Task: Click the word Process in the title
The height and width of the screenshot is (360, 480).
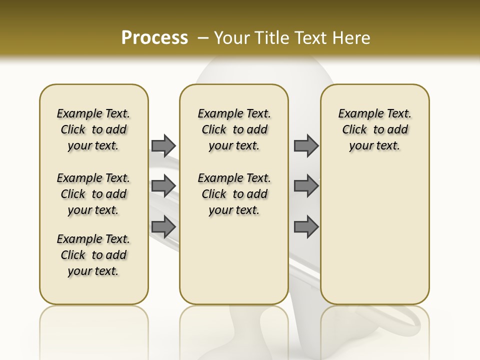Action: click(x=154, y=38)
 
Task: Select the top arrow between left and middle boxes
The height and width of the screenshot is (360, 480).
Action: click(x=163, y=145)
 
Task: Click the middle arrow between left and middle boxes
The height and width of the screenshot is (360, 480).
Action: click(x=163, y=185)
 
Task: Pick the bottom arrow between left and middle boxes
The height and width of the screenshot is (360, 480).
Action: click(x=163, y=226)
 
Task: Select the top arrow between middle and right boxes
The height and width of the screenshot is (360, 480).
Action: click(x=306, y=145)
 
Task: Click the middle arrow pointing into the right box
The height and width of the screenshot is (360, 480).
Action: click(x=306, y=185)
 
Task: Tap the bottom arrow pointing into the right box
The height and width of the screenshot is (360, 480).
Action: click(x=306, y=226)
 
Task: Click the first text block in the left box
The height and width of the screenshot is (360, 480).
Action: click(x=93, y=129)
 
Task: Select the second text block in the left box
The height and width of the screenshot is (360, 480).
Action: click(x=93, y=194)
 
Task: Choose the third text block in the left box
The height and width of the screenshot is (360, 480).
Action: click(x=93, y=255)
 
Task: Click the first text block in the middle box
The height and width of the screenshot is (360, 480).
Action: click(x=234, y=129)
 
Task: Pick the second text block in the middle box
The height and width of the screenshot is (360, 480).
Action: click(x=234, y=194)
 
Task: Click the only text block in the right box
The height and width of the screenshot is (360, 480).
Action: click(x=374, y=129)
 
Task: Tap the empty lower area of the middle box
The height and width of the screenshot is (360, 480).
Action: click(x=234, y=260)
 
